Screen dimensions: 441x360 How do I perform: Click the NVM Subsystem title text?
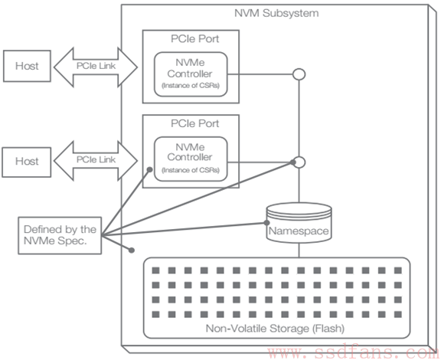point(276,13)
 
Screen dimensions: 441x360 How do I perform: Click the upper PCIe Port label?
point(195,39)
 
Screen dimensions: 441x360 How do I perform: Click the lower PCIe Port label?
point(195,123)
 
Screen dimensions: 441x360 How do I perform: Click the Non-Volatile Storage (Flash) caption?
point(275,329)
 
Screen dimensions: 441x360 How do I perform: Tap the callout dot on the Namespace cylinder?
point(266,223)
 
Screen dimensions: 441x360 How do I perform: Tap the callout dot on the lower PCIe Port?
point(150,170)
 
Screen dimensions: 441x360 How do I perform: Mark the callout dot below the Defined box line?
point(132,250)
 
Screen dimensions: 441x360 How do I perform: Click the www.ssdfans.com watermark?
point(353,352)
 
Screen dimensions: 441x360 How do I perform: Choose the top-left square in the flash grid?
point(156,270)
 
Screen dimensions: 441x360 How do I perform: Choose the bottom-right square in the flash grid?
point(398,314)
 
